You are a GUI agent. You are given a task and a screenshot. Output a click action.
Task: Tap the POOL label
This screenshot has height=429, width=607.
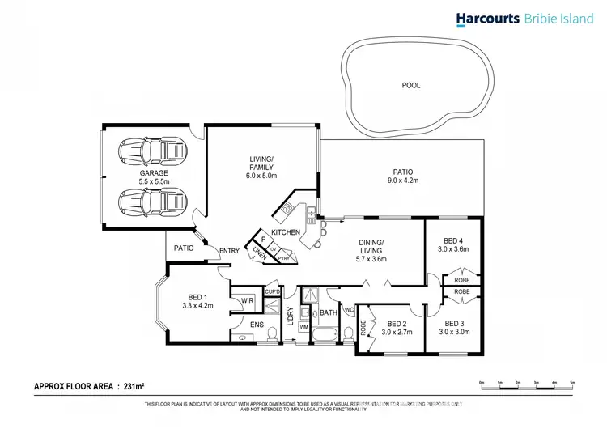click(411, 85)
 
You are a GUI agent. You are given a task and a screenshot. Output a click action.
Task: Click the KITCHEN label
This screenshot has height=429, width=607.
click(286, 233)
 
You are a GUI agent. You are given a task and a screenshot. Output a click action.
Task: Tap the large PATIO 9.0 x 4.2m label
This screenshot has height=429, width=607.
click(402, 176)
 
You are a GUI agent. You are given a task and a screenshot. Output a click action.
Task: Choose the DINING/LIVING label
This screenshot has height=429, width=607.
click(372, 251)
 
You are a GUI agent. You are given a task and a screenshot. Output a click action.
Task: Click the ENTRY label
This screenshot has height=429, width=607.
click(229, 251)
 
